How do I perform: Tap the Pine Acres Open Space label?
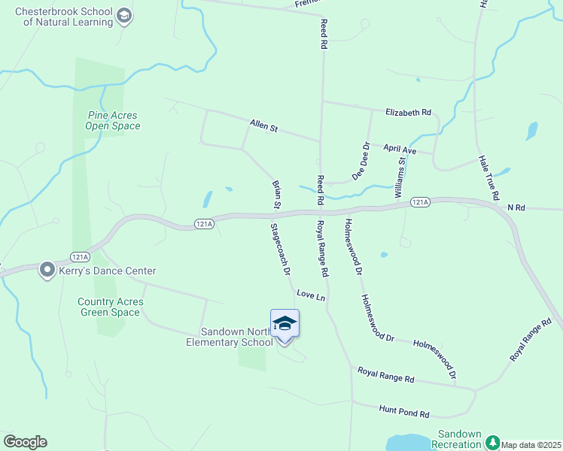[x=113, y=120]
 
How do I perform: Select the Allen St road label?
[x=264, y=126]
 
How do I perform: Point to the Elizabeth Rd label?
[x=408, y=113]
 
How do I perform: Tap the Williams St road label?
[x=401, y=177]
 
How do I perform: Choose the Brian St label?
[x=276, y=194]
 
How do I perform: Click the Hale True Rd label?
[x=489, y=177]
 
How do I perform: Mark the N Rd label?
[x=516, y=207]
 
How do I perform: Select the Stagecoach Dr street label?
[x=281, y=248]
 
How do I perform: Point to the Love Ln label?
[x=311, y=295]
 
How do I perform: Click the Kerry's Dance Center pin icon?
[x=47, y=269]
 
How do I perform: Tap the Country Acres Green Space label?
[x=111, y=307]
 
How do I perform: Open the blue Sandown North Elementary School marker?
[x=285, y=323]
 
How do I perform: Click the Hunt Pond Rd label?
[x=403, y=413]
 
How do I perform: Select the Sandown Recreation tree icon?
[x=492, y=441]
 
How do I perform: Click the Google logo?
[x=25, y=442]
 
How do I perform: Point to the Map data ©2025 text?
[x=530, y=445]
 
